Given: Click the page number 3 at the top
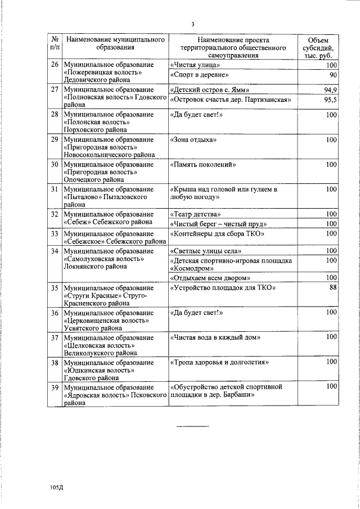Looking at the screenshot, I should coord(192,24).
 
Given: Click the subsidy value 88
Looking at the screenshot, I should coord(332,288).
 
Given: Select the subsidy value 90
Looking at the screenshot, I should coord(332,75).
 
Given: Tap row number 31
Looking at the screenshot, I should coord(55,190).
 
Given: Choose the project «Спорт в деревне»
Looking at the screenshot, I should coord(195,75).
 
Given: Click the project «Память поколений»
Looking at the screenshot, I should coord(202,165).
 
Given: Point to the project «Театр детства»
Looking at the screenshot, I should coord(191,214).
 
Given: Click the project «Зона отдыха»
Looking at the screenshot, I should coord(192,139).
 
